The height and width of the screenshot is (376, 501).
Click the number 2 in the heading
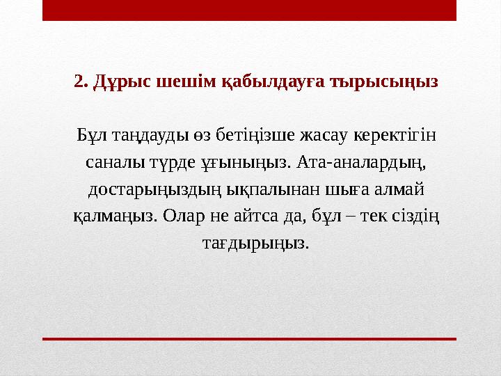coord(79,82)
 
